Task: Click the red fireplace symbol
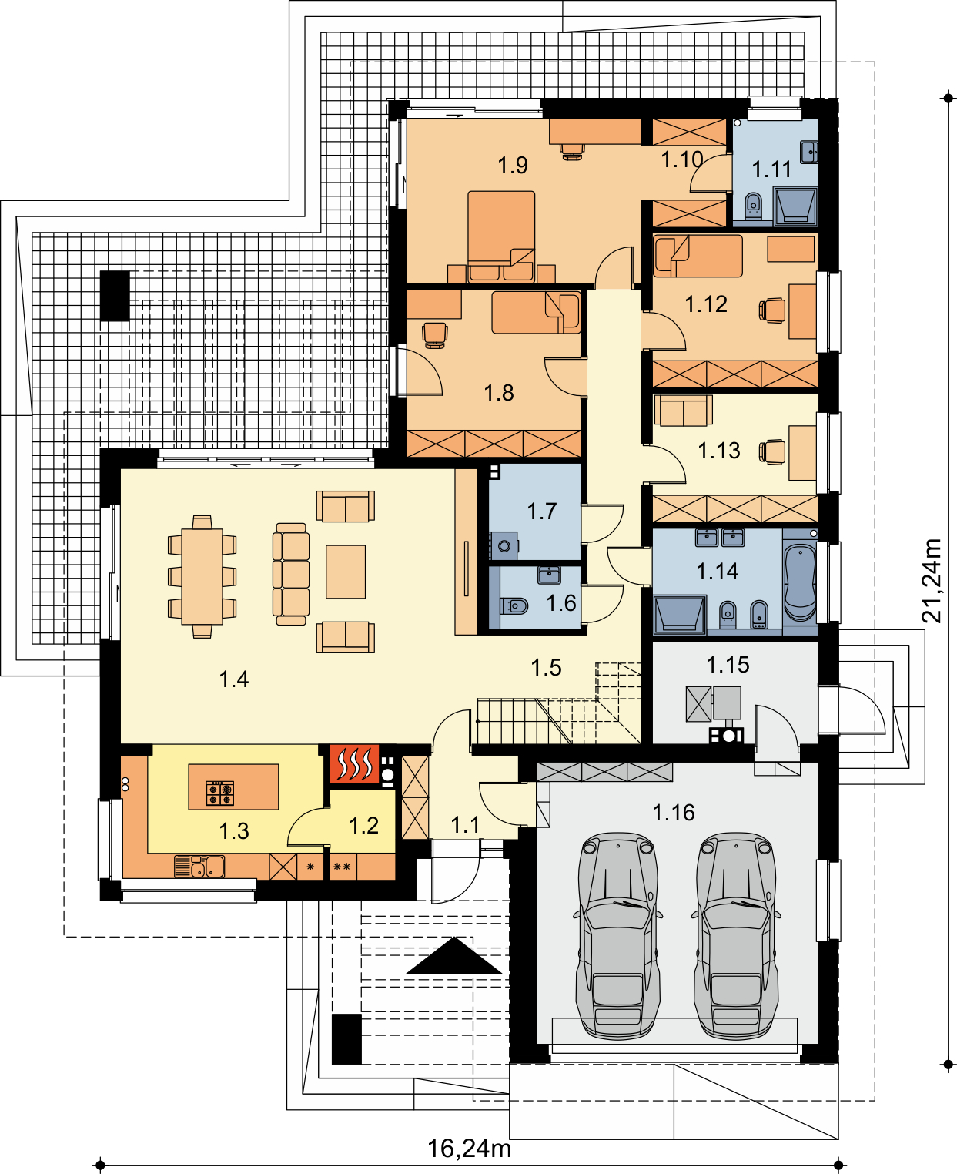point(354,763)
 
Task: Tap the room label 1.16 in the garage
point(673,813)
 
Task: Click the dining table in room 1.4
point(202,577)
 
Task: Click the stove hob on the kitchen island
point(219,793)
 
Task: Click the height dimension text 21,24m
point(931,581)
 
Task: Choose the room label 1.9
point(513,165)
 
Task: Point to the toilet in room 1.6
point(514,605)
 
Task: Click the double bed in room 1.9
point(501,236)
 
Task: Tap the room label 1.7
point(542,511)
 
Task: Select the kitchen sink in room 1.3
point(199,866)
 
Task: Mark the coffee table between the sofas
point(346,572)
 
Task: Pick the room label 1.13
point(719,451)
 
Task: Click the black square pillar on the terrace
point(115,296)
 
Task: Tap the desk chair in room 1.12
point(772,310)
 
